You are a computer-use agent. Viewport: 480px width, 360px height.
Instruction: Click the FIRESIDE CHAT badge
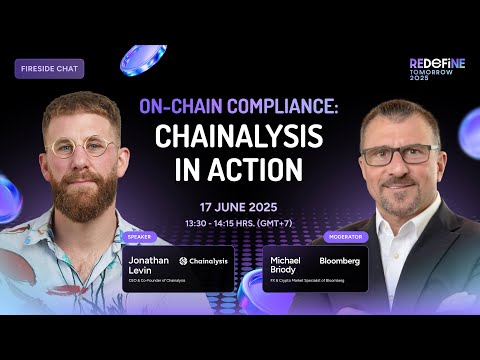(49, 69)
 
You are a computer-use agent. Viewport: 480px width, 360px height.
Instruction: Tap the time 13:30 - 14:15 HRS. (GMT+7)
(239, 220)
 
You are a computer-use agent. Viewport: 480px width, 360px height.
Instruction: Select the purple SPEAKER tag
(138, 237)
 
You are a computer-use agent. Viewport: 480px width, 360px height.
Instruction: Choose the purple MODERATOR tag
(347, 237)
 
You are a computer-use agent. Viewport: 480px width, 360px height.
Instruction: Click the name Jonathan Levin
(149, 265)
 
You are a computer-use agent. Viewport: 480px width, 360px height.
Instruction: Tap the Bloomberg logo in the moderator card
(339, 260)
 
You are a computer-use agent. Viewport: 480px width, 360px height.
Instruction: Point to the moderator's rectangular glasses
(398, 154)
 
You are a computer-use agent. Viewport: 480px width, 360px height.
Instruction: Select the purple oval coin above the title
(143, 59)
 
